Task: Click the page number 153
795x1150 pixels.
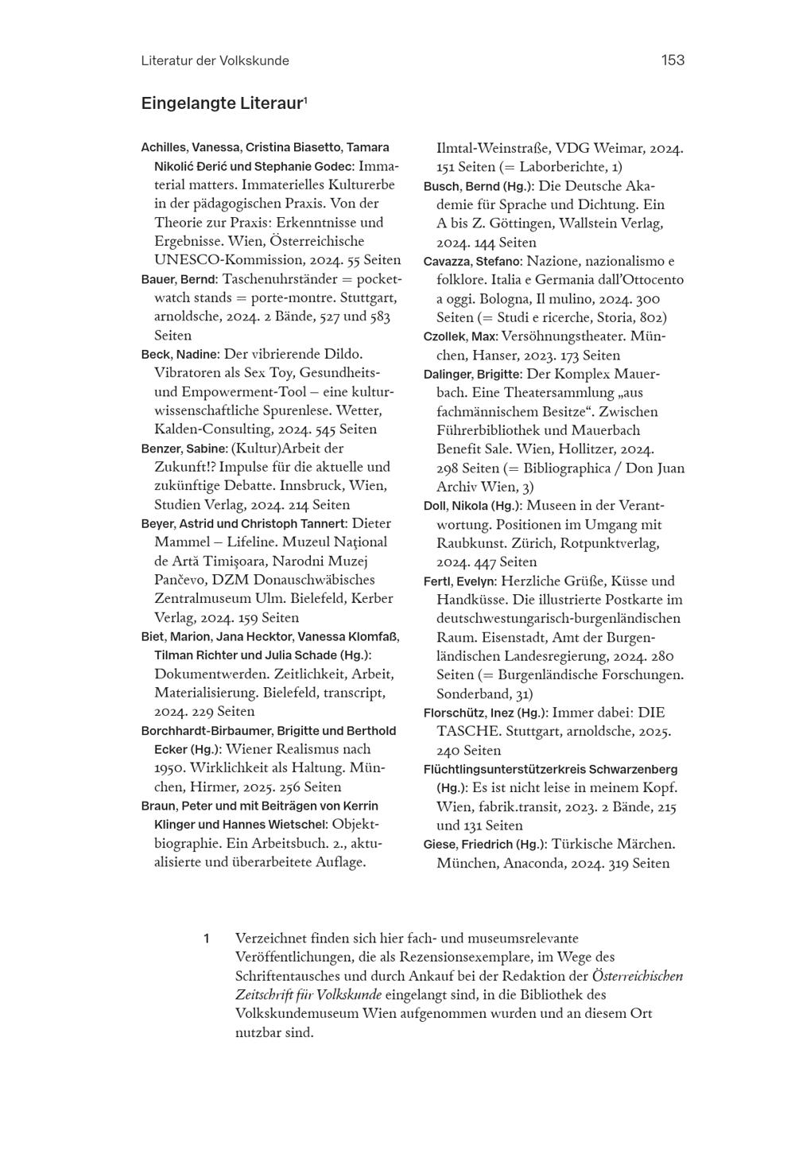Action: [673, 60]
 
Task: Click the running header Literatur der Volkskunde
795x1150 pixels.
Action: [215, 61]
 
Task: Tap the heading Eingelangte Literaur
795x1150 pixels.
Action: [223, 103]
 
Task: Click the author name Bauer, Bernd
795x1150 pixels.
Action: [179, 280]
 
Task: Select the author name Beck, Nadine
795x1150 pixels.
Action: [179, 355]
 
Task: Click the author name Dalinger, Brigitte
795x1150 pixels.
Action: [472, 375]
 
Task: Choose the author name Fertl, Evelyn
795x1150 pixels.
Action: [460, 581]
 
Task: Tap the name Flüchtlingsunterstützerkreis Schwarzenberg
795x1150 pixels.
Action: [550, 769]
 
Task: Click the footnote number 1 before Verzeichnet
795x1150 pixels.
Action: [207, 938]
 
